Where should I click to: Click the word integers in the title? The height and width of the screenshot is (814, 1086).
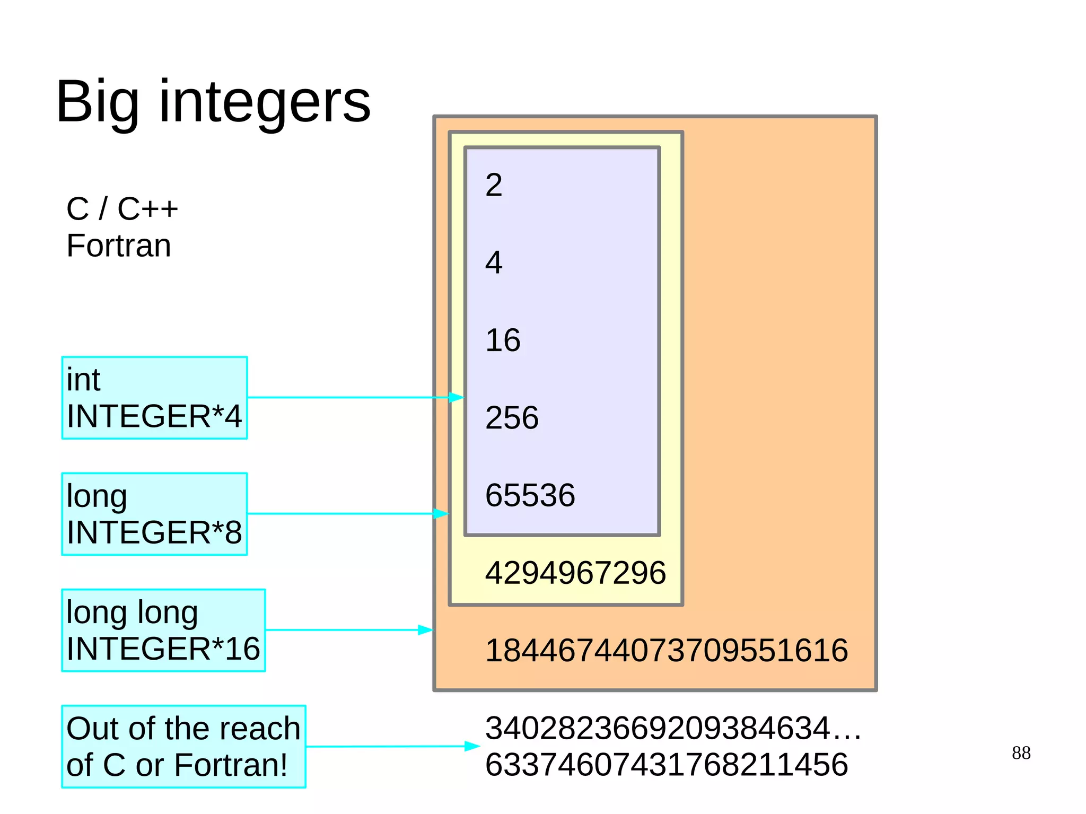point(265,102)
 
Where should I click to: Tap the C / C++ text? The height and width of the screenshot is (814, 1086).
point(122,208)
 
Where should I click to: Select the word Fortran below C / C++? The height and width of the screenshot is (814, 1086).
point(119,246)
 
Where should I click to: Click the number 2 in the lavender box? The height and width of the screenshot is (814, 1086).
point(494,185)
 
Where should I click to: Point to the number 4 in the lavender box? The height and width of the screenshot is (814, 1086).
point(494,262)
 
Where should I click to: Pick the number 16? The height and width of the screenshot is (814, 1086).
point(503,340)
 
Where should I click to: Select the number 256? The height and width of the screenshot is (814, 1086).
point(512,418)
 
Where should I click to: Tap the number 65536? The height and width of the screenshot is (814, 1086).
point(530,495)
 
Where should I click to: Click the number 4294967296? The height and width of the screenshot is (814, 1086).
point(575,573)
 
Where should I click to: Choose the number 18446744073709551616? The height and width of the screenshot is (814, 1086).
point(666,651)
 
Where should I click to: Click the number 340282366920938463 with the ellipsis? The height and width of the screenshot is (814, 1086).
point(672,728)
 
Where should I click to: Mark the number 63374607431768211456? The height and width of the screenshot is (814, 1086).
point(666,765)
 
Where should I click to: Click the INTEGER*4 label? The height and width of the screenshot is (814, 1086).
point(154,416)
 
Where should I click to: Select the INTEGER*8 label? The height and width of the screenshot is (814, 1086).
point(154,532)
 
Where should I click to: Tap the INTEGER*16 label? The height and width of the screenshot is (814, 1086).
point(163,649)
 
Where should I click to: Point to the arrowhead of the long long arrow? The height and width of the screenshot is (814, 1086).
point(426,630)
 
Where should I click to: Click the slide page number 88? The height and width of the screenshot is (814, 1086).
point(1021,753)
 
